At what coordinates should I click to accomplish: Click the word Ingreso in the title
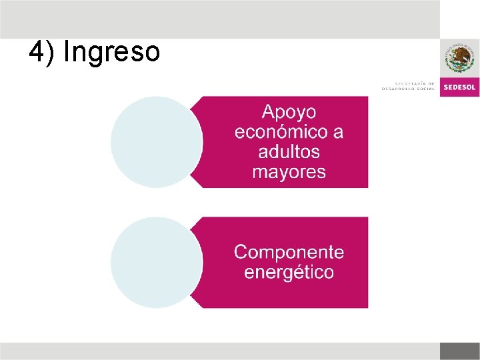tap(111, 53)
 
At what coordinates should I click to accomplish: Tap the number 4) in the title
tap(41, 53)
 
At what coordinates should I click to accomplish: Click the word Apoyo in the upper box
tap(289, 112)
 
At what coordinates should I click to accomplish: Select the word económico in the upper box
tap(279, 132)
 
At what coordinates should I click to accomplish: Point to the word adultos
tap(289, 152)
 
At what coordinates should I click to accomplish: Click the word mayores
tap(289, 172)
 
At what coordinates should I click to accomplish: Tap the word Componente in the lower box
tap(289, 252)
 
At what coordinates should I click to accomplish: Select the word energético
tap(289, 272)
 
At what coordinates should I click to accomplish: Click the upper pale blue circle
tap(156, 142)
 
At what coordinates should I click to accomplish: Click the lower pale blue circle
tap(156, 262)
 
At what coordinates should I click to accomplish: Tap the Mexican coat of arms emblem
tap(459, 59)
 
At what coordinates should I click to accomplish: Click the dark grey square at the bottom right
tap(459, 351)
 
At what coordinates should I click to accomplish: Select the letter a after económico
tap(337, 132)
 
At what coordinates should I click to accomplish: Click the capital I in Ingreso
tap(66, 53)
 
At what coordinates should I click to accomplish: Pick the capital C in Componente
tap(241, 252)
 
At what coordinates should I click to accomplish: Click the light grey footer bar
tap(220, 351)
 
